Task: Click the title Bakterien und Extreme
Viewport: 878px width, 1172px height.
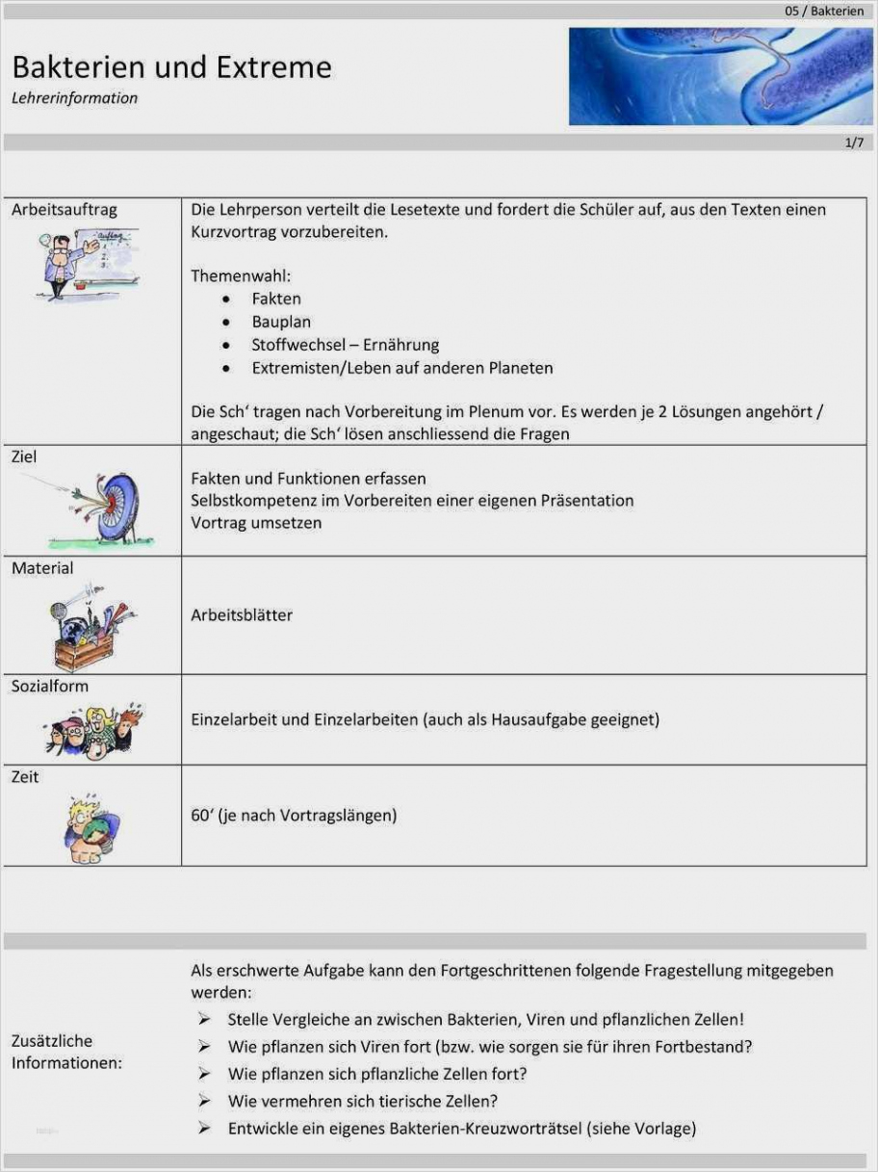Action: pos(171,67)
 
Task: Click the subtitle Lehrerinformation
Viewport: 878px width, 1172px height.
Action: pos(74,98)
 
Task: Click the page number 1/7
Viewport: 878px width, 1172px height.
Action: pos(853,143)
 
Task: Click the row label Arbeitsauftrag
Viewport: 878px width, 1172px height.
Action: pos(64,209)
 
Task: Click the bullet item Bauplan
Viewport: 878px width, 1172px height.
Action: pos(281,322)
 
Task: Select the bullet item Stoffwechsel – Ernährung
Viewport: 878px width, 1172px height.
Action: pos(345,345)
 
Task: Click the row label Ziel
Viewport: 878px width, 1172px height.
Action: pos(24,456)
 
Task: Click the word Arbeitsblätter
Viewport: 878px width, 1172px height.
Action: pos(242,614)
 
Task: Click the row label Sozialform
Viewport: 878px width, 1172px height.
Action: pos(50,686)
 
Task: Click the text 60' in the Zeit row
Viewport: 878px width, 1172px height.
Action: pos(201,816)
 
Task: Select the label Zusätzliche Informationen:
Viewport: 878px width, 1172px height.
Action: pos(65,1052)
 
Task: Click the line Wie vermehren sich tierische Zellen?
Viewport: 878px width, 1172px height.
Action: pos(362,1101)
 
